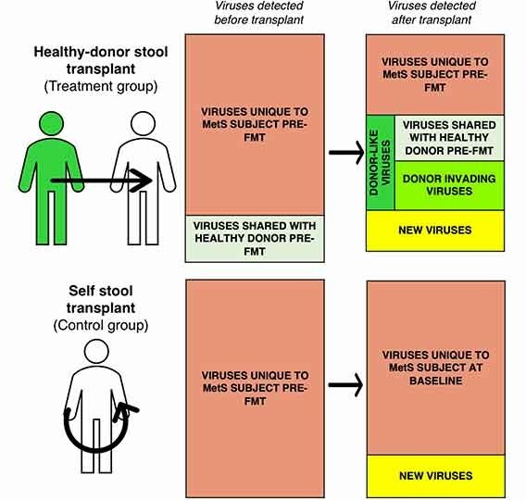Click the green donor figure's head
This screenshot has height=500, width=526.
(51, 123)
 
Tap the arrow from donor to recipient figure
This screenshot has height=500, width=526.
(101, 181)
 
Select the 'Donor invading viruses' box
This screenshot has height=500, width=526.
(449, 185)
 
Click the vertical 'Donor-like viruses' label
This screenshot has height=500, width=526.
(380, 163)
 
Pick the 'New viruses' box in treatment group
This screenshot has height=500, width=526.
(435, 231)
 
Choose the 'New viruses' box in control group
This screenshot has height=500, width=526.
(436, 476)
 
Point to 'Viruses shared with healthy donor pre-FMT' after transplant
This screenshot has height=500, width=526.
(449, 138)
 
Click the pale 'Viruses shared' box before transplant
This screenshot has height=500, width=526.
(255, 239)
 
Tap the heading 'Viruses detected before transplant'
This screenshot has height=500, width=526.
(258, 13)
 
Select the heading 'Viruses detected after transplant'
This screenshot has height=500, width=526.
(432, 13)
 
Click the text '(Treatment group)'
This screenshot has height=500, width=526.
(101, 86)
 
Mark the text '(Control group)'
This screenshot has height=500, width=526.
(101, 325)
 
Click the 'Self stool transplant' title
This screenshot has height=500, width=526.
(101, 299)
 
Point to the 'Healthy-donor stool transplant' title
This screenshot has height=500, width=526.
(101, 60)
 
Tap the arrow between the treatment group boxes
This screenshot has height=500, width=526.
(346, 153)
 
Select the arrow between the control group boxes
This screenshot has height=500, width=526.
(345, 385)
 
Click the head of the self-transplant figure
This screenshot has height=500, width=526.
(96, 352)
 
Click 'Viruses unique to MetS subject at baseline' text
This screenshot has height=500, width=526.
(436, 368)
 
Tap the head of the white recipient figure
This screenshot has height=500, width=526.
(143, 123)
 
